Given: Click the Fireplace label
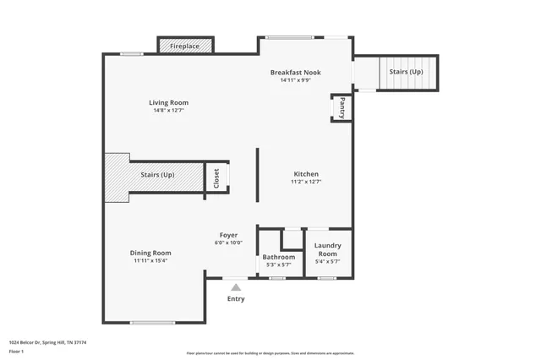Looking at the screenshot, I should pyautogui.click(x=185, y=46).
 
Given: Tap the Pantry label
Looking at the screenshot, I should pyautogui.click(x=342, y=107).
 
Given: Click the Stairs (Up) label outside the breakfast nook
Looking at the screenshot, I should pyautogui.click(x=406, y=72).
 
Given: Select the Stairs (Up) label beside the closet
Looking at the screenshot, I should pyautogui.click(x=157, y=175).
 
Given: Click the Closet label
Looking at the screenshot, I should pyautogui.click(x=216, y=177).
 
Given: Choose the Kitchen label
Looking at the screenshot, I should pyautogui.click(x=306, y=173).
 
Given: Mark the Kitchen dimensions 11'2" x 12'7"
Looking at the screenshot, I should pyautogui.click(x=306, y=182).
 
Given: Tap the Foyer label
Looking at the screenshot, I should pyautogui.click(x=228, y=235).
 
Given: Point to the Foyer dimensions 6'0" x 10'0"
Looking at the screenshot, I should pyautogui.click(x=228, y=243).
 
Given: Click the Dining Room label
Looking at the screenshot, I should pyautogui.click(x=150, y=253).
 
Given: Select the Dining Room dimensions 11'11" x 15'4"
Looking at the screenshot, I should pyautogui.click(x=150, y=261).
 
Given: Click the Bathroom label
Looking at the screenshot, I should pyautogui.click(x=278, y=257).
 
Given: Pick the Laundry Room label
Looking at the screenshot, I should pyautogui.click(x=327, y=249).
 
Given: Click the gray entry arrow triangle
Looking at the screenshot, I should pyautogui.click(x=236, y=287).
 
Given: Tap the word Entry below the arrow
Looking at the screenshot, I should pyautogui.click(x=236, y=298).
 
